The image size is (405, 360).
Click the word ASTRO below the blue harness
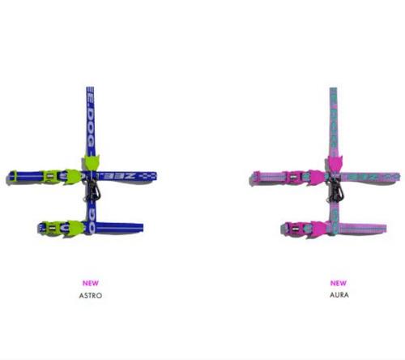pyautogui.click(x=92, y=295)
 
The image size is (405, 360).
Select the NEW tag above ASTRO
pyautogui.click(x=92, y=283)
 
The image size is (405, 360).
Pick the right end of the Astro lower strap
pyautogui.click(x=142, y=229)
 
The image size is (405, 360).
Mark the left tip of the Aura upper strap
pyautogui.click(x=249, y=176)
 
